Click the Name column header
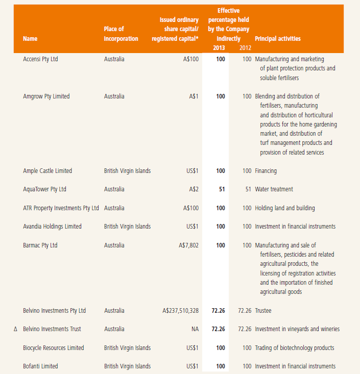30,39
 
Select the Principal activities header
277,39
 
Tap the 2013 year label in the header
219,47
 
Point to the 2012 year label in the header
245,47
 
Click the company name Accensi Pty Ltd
40,59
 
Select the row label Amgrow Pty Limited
46,96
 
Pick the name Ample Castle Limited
47,171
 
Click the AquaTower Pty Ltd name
44,189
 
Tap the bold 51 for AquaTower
222,189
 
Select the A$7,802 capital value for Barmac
188,245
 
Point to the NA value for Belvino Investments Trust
195,329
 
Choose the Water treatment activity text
274,189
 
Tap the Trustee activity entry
264,310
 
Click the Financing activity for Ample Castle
266,171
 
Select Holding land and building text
284,208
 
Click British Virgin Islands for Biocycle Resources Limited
127,348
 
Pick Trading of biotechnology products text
294,348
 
